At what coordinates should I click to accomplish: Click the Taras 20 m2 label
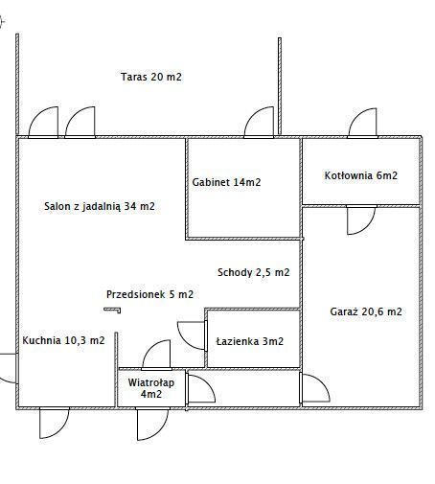coord(151,77)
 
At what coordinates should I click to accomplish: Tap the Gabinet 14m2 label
coord(226,182)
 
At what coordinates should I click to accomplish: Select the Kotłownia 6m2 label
coord(361,175)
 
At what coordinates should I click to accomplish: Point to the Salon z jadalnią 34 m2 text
coord(100,206)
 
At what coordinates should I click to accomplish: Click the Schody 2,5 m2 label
coord(254,272)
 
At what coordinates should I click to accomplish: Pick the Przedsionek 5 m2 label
coord(149,294)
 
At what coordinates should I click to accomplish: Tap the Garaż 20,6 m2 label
coord(366,311)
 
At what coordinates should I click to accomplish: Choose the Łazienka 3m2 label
coord(250,341)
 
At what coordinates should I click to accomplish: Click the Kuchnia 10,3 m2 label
coord(63,340)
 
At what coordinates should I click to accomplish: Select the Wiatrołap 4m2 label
coord(151,388)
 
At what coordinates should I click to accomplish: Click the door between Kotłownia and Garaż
coord(361,220)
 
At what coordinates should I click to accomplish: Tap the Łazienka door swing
coord(192,335)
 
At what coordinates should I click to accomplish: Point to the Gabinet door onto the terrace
coord(259,123)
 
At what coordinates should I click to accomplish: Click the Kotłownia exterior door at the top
coord(362,124)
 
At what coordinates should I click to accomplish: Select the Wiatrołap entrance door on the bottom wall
coord(152,424)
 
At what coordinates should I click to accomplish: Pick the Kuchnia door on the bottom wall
coord(55,423)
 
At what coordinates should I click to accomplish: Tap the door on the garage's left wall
coord(315,388)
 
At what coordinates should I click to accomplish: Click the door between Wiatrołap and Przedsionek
coord(156,355)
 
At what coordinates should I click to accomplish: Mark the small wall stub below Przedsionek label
coord(112,310)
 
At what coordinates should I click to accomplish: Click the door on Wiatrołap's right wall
coord(201,388)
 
